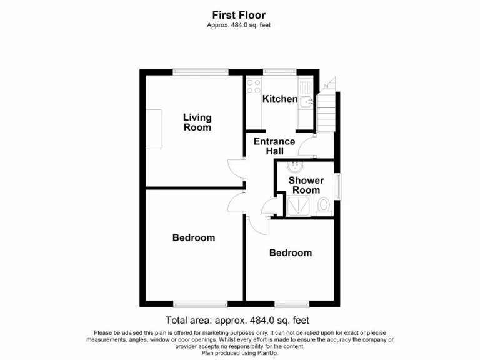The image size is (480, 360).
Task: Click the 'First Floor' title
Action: tap(239, 15)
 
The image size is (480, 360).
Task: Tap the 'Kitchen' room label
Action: tap(279, 99)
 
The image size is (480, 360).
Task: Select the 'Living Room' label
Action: tap(197, 122)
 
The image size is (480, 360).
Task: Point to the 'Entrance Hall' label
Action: tap(274, 146)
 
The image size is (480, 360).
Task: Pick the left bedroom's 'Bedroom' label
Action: tap(194, 237)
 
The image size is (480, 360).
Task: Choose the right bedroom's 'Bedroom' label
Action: tap(290, 253)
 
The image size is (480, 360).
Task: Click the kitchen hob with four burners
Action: tap(254, 87)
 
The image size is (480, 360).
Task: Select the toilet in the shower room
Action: tap(324, 206)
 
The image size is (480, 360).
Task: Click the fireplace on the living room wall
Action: tap(153, 128)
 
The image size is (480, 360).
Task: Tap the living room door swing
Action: tap(234, 167)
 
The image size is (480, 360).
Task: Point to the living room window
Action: tap(192, 72)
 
